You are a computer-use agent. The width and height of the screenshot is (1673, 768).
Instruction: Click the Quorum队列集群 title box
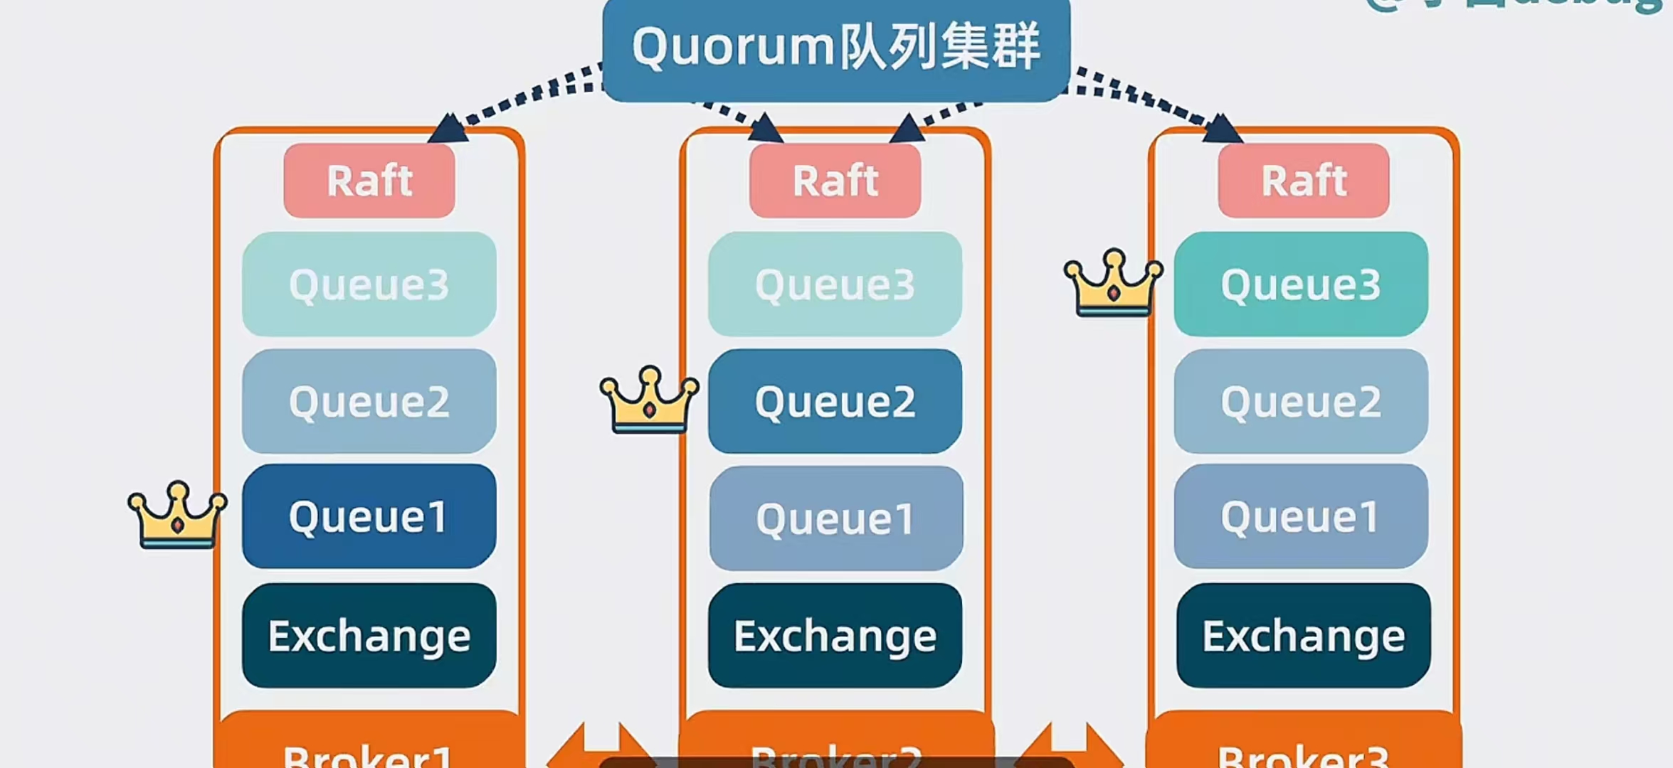point(836,48)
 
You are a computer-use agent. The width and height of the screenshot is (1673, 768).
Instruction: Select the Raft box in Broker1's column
point(369,181)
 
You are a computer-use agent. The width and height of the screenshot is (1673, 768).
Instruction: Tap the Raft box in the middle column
point(835,181)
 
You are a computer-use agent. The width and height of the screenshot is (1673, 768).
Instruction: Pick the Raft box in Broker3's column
point(1303,181)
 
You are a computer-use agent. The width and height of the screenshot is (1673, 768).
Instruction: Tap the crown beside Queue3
point(1114,282)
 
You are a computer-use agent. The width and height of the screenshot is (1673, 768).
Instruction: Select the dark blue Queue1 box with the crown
point(369,516)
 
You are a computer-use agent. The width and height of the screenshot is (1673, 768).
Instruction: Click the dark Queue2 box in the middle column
point(835,401)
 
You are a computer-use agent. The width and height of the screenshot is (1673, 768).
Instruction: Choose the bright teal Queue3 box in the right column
point(1301,284)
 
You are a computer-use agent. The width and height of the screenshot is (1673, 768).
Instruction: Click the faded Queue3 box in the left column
point(369,284)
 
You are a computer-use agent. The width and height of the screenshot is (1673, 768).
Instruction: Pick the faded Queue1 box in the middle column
point(836,518)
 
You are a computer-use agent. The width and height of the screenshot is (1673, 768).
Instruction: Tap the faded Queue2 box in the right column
point(1301,401)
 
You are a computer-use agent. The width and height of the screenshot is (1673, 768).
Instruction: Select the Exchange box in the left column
point(369,635)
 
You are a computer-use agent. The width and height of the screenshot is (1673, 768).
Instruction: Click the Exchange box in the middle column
point(835,635)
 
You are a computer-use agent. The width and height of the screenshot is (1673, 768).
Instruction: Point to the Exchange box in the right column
point(1303,635)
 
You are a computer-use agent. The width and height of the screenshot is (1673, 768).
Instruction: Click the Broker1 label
point(368,754)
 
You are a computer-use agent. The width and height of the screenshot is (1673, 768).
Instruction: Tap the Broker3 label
point(1303,754)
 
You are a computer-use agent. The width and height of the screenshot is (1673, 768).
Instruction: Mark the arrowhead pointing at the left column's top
point(449,129)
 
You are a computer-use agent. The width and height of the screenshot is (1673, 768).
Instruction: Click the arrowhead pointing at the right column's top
point(1222,129)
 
